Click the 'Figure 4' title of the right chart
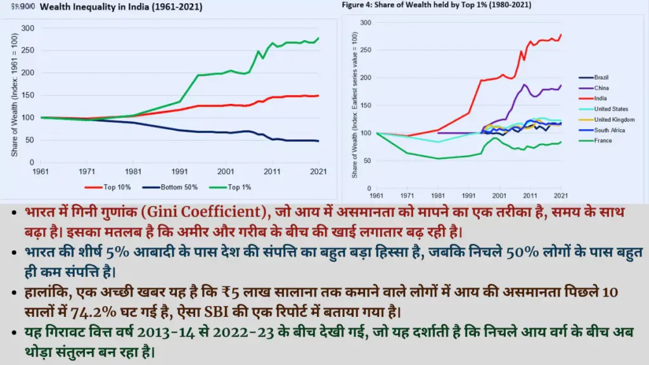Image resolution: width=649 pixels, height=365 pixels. point(437,5)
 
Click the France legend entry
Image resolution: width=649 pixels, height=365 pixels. point(603,140)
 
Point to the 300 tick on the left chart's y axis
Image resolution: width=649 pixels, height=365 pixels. point(27,29)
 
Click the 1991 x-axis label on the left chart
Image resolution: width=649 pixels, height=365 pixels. point(180,172)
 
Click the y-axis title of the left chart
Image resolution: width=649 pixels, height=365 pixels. point(14,95)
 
